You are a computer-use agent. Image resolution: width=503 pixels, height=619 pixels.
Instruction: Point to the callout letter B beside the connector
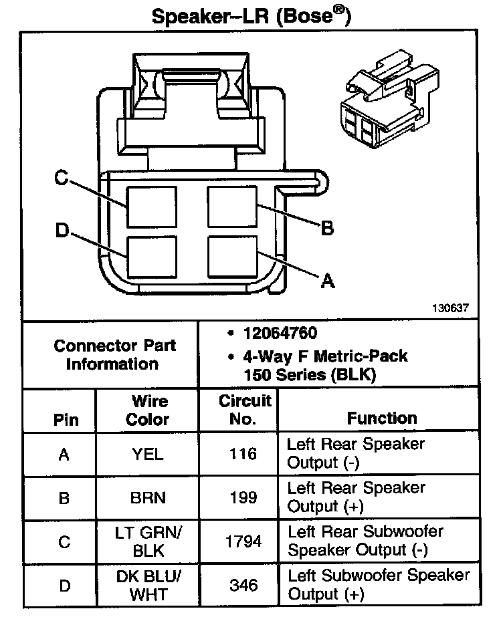[327, 229]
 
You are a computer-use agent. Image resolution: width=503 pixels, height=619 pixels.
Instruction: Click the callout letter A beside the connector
[327, 281]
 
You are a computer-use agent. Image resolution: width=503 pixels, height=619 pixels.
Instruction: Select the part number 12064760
[280, 333]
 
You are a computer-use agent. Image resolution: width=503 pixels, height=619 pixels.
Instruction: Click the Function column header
[381, 418]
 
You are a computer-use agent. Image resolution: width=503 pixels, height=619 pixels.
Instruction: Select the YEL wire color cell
[148, 454]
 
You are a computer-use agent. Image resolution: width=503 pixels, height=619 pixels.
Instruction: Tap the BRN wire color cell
[148, 497]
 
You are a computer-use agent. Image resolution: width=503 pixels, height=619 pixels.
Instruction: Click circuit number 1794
[243, 541]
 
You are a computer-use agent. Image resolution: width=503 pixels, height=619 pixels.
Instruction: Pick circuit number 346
[243, 585]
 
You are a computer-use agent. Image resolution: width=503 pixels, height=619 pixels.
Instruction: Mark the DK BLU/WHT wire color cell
[148, 585]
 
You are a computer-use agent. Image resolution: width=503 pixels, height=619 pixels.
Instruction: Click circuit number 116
[243, 454]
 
